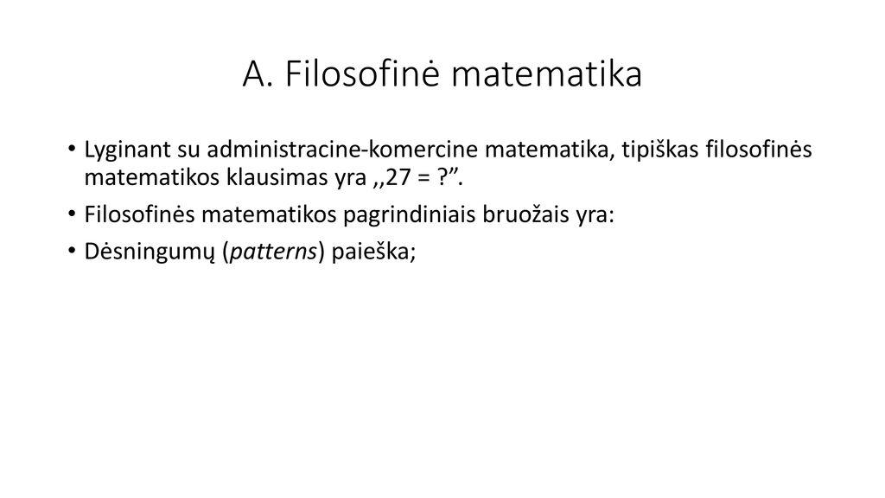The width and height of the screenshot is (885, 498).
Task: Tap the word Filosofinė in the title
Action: click(x=362, y=73)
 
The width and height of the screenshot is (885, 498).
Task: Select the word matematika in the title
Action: click(x=547, y=74)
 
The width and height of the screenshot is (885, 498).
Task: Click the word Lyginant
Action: click(x=128, y=150)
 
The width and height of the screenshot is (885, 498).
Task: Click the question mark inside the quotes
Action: click(x=442, y=178)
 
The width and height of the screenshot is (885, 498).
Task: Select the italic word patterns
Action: click(x=273, y=252)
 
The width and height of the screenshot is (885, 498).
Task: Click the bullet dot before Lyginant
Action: click(x=71, y=150)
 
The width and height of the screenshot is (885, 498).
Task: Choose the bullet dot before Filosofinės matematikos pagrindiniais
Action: click(x=71, y=214)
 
